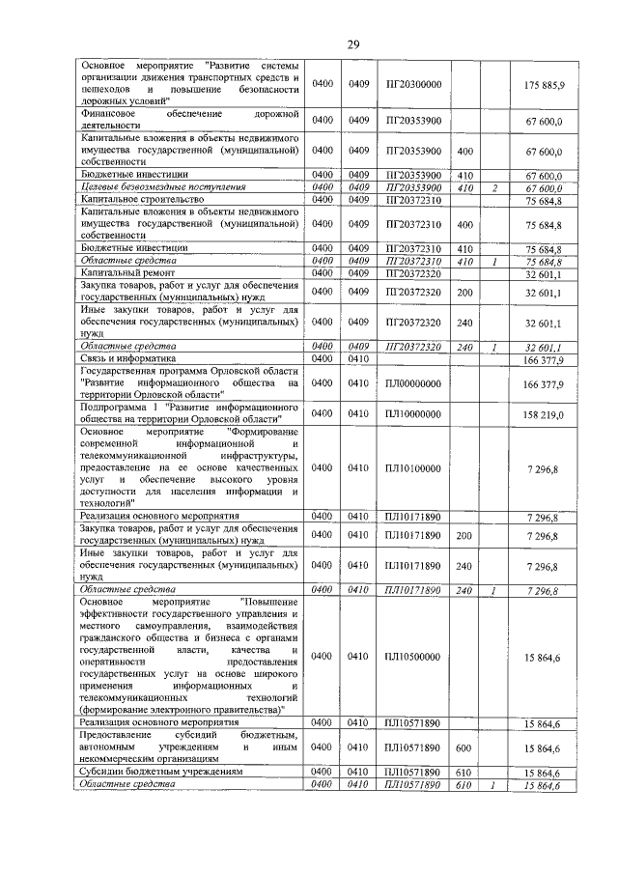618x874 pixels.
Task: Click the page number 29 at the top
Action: click(x=353, y=42)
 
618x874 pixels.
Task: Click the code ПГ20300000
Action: click(x=413, y=85)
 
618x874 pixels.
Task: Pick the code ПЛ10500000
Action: click(x=413, y=657)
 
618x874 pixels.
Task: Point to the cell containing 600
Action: click(x=463, y=747)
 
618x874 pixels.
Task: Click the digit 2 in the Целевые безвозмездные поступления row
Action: click(x=493, y=186)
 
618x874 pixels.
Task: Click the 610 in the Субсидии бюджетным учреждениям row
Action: click(x=463, y=773)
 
